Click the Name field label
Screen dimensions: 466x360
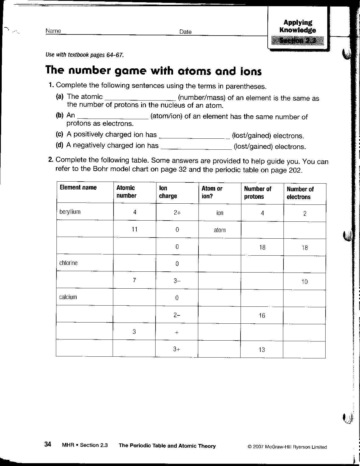point(53,31)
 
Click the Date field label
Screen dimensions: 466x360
point(185,32)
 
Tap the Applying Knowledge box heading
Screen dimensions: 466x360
point(297,26)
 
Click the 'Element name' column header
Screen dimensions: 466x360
point(78,188)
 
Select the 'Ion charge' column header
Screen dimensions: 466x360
point(168,192)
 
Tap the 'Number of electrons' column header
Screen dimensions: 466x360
point(300,193)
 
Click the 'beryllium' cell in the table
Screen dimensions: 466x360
point(70,212)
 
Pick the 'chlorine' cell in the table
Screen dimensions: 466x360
point(68,263)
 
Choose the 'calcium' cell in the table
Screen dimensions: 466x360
point(68,297)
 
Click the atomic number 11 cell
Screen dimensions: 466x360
point(134,229)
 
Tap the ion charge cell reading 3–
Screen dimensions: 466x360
point(177,281)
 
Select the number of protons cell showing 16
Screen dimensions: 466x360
point(262,315)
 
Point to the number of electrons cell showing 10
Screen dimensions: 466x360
point(304,282)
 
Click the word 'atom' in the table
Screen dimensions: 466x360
point(220,230)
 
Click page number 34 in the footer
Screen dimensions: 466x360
point(48,445)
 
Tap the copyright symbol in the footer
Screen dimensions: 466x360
point(250,447)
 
